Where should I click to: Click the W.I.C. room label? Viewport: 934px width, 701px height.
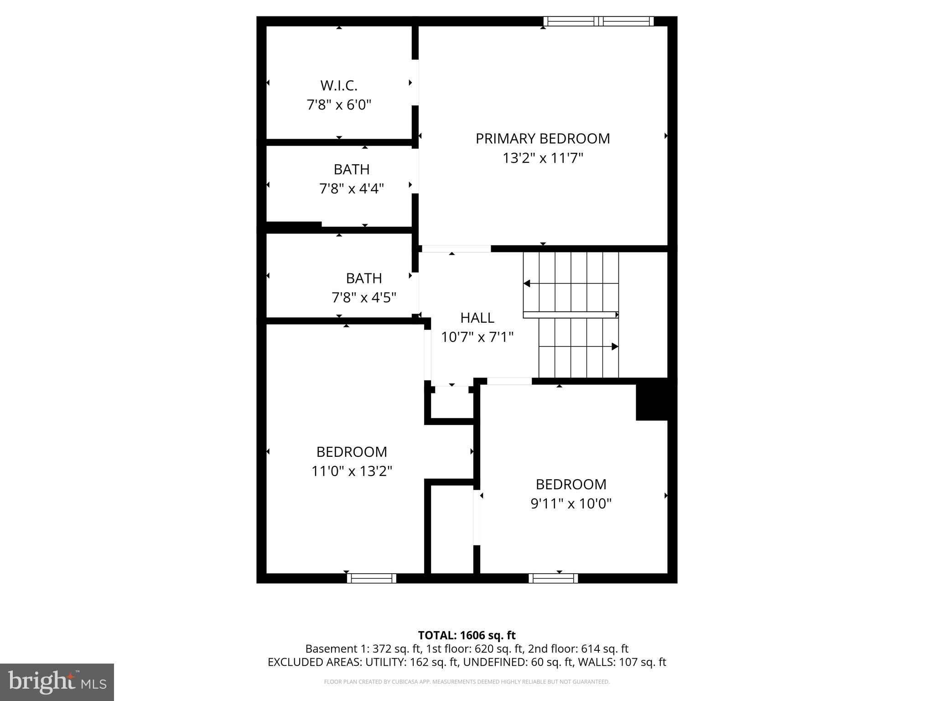click(x=339, y=85)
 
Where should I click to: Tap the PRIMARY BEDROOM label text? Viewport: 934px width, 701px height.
click(x=543, y=139)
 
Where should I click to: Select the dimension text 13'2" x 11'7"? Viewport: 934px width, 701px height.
click(x=543, y=158)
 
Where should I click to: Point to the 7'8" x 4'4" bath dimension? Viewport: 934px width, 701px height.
click(x=352, y=188)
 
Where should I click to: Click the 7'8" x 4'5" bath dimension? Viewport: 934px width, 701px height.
click(x=364, y=298)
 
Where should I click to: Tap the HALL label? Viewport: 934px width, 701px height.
click(x=477, y=318)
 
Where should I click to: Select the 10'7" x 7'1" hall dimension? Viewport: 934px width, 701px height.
click(x=477, y=337)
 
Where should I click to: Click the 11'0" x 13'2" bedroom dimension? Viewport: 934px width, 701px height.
click(x=352, y=471)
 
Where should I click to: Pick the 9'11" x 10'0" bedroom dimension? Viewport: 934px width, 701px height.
click(x=571, y=503)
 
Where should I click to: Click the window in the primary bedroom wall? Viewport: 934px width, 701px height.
click(x=598, y=21)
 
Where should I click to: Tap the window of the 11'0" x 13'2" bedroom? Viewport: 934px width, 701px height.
click(x=372, y=578)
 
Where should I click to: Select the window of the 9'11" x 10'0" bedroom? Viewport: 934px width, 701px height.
click(x=553, y=578)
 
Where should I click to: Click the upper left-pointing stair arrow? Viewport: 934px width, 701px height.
click(x=527, y=284)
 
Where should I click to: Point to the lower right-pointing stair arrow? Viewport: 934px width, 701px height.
click(x=614, y=347)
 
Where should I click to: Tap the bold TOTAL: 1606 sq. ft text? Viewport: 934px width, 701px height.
click(x=467, y=635)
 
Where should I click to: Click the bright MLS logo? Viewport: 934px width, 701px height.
click(x=57, y=682)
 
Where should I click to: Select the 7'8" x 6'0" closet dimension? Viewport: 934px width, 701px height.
click(x=339, y=105)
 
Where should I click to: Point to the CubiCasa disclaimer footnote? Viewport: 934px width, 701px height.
click(x=467, y=682)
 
